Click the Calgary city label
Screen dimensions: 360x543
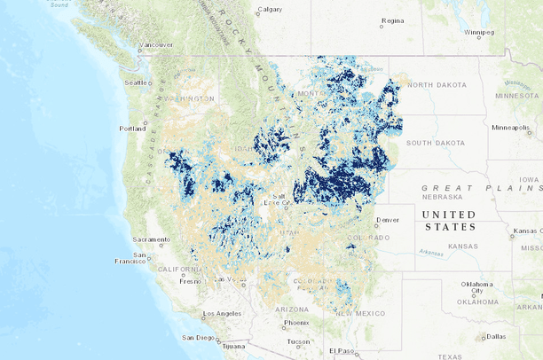270,11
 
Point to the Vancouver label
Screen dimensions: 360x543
157,44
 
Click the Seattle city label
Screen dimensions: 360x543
137,82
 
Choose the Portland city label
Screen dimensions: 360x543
132,129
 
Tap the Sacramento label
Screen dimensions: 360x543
151,239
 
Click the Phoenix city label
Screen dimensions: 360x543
297,323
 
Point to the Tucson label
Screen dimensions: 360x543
299,341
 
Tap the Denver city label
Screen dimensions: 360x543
388,219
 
